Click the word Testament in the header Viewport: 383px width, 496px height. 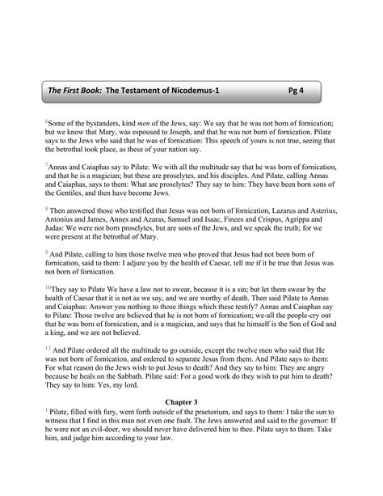140,91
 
